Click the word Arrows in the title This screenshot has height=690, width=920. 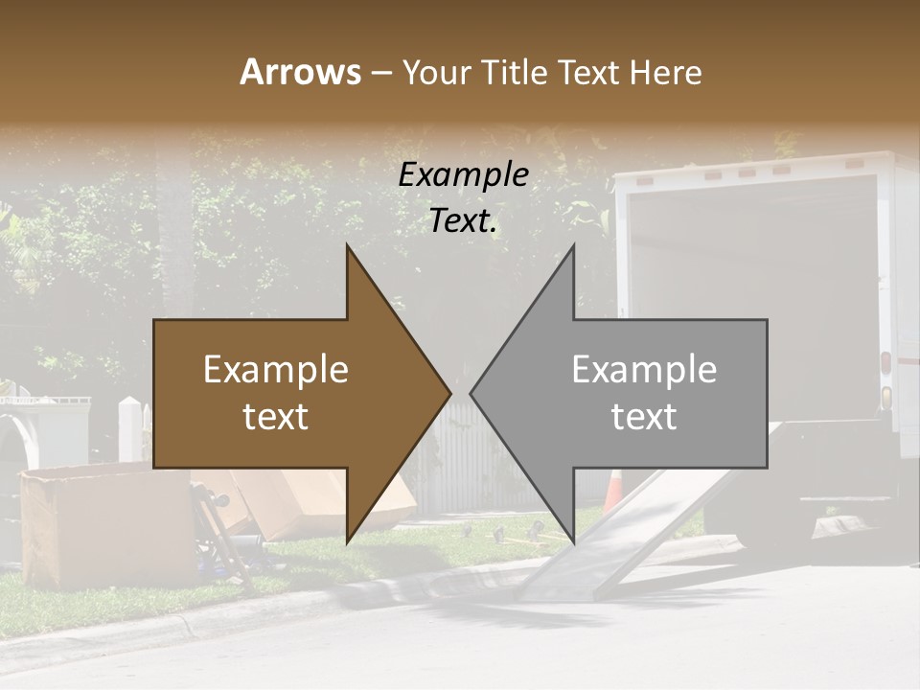300,72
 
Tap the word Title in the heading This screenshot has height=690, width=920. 518,73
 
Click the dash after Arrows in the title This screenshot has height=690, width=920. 380,74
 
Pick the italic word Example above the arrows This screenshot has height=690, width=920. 463,175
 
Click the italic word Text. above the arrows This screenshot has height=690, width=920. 463,221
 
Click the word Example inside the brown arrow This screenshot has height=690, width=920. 276,370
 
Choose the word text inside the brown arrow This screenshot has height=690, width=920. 276,417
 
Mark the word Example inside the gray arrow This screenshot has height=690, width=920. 644,370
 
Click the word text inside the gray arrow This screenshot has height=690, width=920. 644,417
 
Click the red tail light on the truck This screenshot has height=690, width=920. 886,363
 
